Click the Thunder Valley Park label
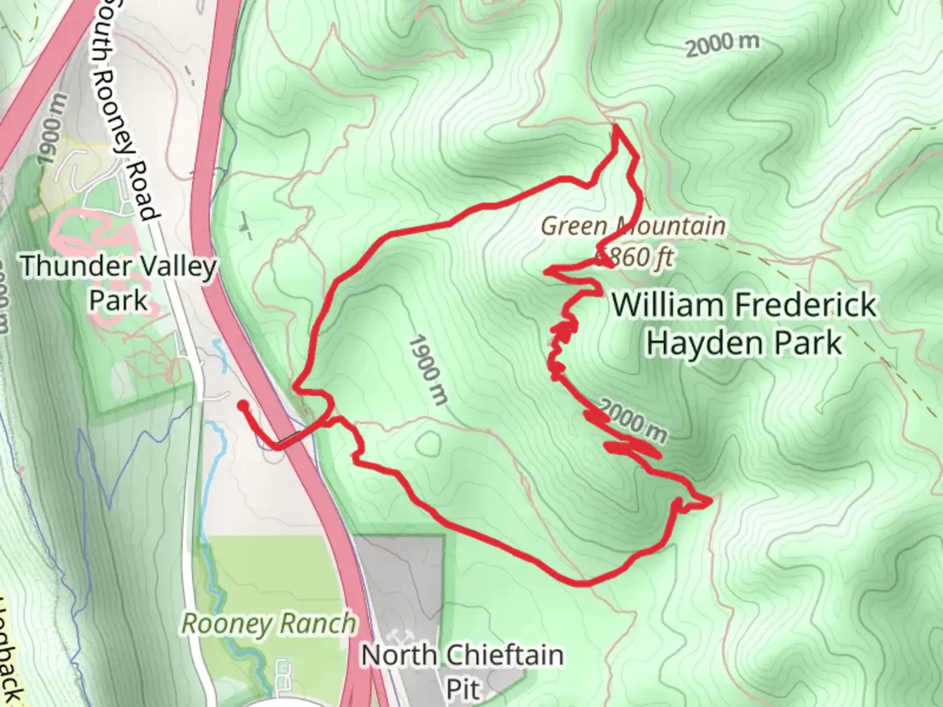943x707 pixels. (119, 283)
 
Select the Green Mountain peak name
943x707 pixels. (633, 227)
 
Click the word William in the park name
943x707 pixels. (668, 306)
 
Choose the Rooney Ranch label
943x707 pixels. (268, 623)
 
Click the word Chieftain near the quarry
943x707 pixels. (498, 655)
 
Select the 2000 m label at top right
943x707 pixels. (722, 45)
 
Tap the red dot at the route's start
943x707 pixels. (243, 406)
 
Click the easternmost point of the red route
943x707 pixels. (709, 501)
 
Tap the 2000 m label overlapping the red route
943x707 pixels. (633, 421)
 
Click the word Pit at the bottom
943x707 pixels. (463, 689)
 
